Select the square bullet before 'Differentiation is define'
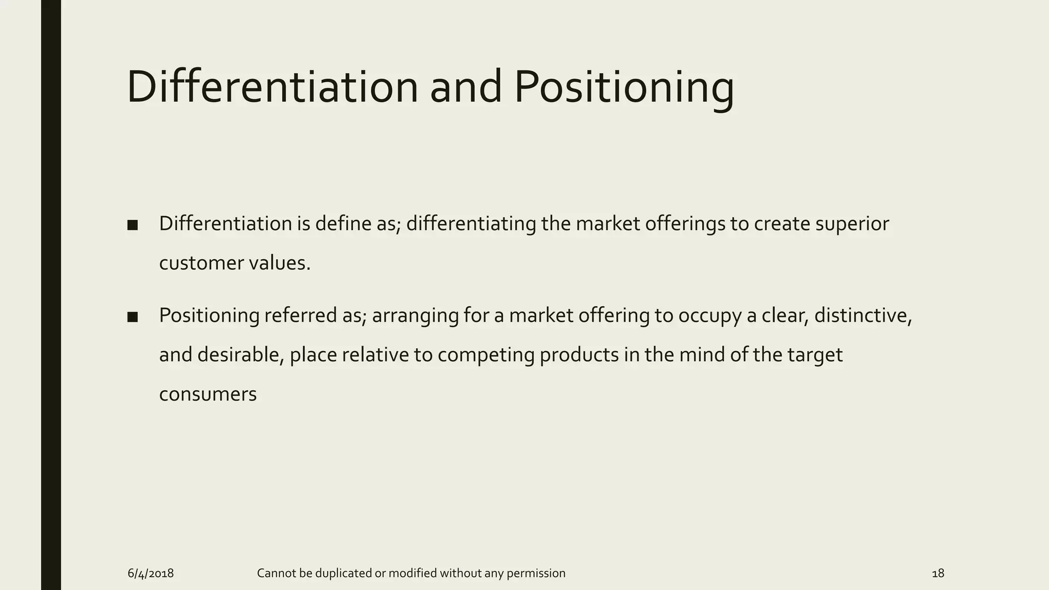pos(133,225)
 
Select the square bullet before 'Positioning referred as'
pos(133,317)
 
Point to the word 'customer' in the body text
pos(201,263)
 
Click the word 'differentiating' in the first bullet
pos(471,224)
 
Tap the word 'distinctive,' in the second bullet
pos(863,315)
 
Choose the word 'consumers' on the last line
pos(208,394)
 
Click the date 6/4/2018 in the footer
pos(151,573)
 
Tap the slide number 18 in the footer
pos(938,573)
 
